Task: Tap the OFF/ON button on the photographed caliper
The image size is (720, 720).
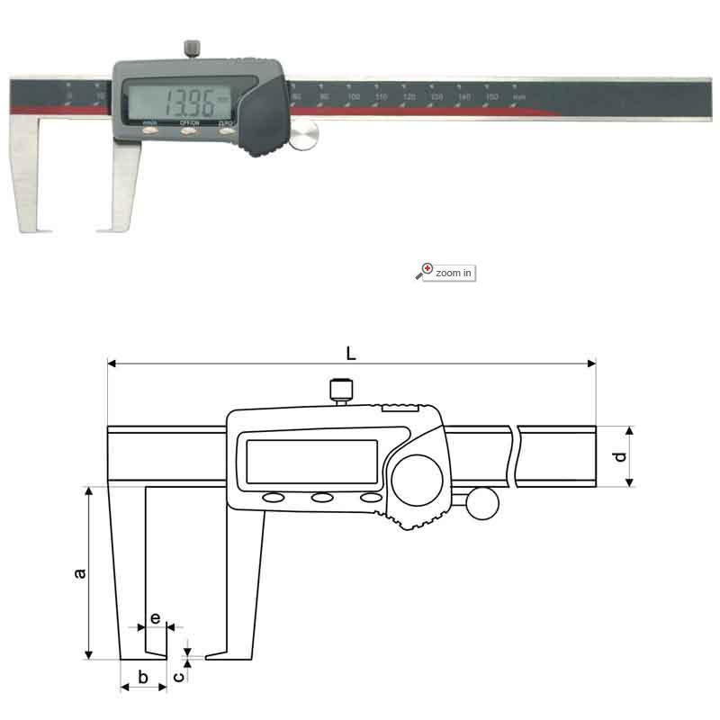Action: [x=189, y=130]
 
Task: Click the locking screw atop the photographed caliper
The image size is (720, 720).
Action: [x=192, y=47]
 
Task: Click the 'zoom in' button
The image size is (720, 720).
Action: [x=453, y=272]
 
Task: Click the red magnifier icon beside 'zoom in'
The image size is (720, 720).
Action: [x=425, y=271]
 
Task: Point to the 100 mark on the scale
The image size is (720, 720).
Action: [x=354, y=95]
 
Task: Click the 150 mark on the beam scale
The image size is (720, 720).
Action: [x=491, y=95]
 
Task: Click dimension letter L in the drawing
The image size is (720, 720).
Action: [x=351, y=354]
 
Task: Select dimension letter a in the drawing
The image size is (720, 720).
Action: [x=79, y=573]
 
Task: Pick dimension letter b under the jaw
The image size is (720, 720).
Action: [x=141, y=677]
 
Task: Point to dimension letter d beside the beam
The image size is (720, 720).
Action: [x=618, y=457]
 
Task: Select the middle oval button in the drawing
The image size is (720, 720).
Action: [x=321, y=499]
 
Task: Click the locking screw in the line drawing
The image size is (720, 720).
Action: [x=340, y=391]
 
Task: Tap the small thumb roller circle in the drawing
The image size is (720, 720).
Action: [x=481, y=503]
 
